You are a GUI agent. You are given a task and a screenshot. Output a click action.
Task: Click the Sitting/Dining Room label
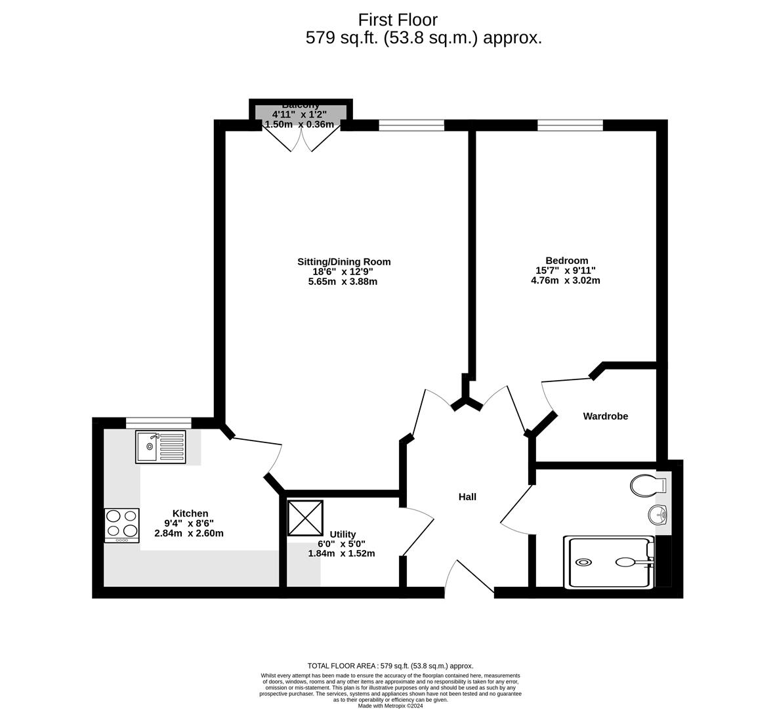[x=343, y=262]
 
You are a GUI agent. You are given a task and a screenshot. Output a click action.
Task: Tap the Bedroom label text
[x=566, y=261]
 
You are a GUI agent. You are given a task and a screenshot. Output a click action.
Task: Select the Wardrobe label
[x=605, y=416]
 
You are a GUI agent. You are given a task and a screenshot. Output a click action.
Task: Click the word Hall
[x=467, y=497]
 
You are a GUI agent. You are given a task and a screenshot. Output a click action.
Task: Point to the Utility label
[x=343, y=534]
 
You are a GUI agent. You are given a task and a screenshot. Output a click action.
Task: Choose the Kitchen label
[x=190, y=513]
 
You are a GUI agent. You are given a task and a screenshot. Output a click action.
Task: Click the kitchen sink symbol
[x=161, y=446]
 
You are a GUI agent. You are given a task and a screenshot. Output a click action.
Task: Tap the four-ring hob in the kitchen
[x=121, y=525]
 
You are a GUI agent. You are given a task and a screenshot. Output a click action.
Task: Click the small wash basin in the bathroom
[x=658, y=515]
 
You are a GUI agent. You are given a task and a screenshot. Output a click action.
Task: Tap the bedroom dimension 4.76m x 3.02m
[x=565, y=280]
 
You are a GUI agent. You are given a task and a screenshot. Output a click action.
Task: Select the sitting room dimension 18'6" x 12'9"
[x=343, y=272]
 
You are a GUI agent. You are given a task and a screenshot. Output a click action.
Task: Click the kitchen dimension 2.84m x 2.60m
[x=189, y=533]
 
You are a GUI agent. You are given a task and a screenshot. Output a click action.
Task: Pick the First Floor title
[x=398, y=20]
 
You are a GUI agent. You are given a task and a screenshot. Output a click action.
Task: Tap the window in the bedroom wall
[x=570, y=125]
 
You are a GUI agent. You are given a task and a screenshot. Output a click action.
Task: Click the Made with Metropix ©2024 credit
[x=390, y=706]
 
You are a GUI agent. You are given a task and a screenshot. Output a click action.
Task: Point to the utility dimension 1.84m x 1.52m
[x=341, y=553]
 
